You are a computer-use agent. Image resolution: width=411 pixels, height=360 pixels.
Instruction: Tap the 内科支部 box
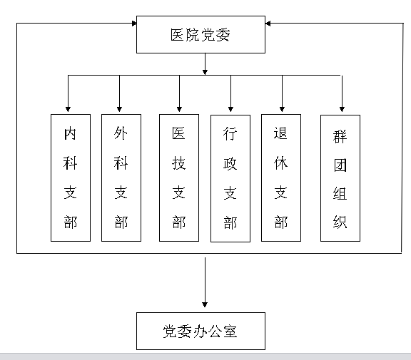[x=71, y=177]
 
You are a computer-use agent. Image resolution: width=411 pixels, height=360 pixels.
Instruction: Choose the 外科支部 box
[x=121, y=177]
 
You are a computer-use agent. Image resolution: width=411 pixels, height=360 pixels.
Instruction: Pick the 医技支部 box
[x=179, y=177]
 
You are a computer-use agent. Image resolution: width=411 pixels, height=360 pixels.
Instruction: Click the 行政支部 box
[x=230, y=178]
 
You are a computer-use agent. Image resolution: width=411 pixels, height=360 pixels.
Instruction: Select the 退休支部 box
[x=282, y=177]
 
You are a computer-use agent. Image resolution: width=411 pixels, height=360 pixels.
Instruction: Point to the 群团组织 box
[x=340, y=178]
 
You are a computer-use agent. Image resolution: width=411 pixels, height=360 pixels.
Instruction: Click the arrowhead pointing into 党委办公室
[x=205, y=307]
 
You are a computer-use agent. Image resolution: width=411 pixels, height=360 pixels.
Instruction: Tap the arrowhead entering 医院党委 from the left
[x=133, y=24]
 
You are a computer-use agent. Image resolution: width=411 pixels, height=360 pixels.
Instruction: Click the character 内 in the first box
[x=71, y=133]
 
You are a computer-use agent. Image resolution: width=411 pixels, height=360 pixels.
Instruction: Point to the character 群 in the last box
[x=340, y=135]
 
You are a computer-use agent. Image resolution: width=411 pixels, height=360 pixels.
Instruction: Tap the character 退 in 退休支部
[x=282, y=133]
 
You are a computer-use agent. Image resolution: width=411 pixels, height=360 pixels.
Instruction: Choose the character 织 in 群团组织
[x=340, y=222]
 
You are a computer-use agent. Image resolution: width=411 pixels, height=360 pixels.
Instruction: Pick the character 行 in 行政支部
[x=230, y=134]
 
